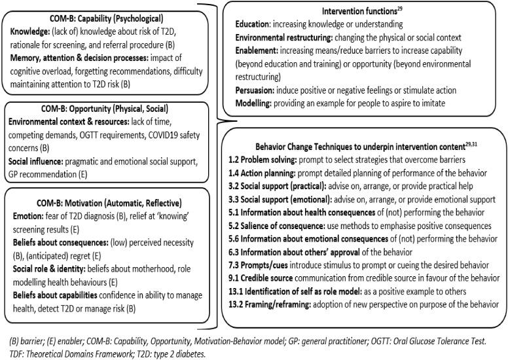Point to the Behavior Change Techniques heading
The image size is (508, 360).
click(363, 146)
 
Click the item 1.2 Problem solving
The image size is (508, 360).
click(272, 159)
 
